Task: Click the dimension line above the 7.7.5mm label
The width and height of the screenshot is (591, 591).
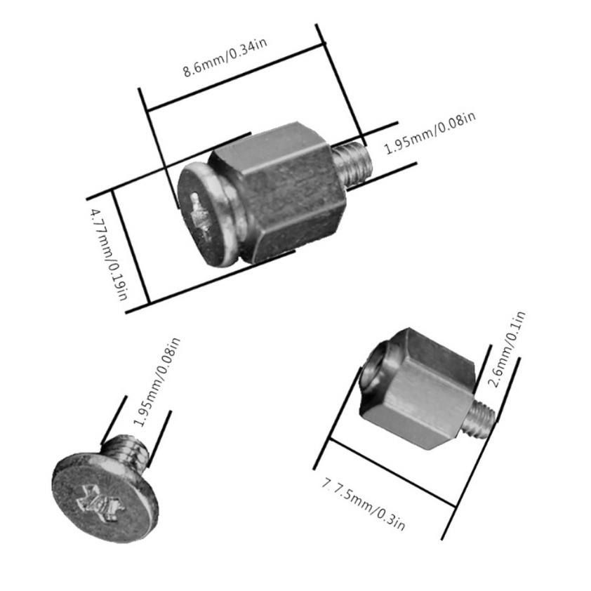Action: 393,472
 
